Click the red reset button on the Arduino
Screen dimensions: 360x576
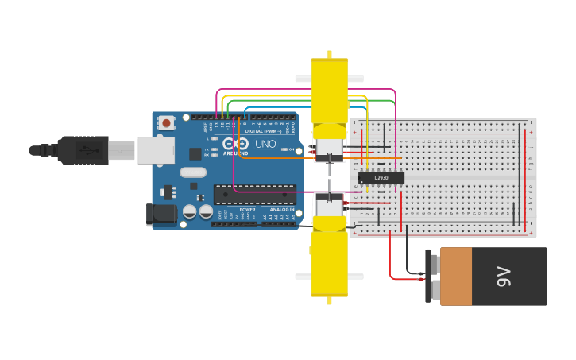[166, 123]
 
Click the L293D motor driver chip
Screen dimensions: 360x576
[381, 177]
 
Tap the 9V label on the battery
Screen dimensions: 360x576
[503, 277]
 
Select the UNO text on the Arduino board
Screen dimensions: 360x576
[265, 144]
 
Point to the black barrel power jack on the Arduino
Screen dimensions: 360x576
[161, 213]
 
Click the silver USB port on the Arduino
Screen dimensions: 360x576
[156, 150]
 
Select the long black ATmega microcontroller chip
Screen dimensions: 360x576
[254, 194]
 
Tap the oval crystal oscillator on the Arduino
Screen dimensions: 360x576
[193, 172]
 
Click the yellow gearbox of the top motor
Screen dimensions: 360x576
[330, 91]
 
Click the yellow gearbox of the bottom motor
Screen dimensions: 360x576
[329, 262]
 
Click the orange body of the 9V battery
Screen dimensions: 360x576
[456, 277]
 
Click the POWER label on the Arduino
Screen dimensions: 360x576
[247, 210]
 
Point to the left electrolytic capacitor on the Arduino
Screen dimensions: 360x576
[190, 211]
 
